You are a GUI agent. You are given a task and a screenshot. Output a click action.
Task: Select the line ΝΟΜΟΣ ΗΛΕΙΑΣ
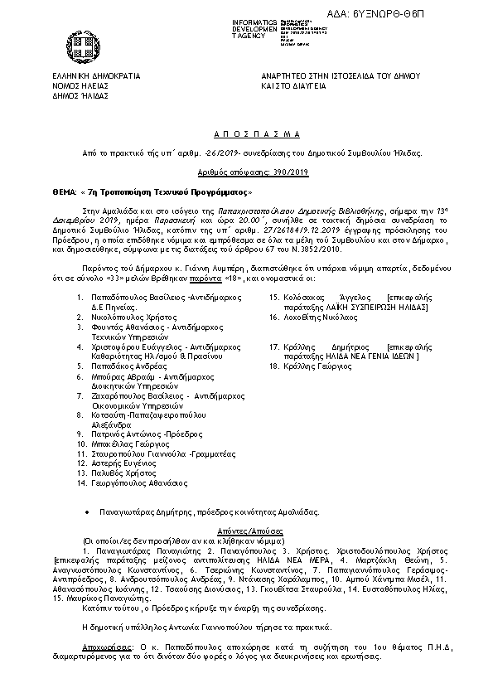click(x=80, y=85)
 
